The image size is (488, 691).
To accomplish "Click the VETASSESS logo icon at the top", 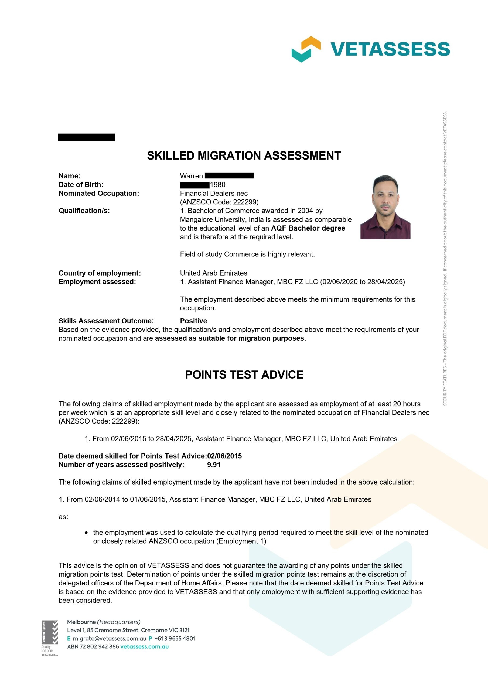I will tap(306, 49).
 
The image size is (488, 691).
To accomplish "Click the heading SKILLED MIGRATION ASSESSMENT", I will tap(244, 155).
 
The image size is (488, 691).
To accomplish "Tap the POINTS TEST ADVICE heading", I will tap(244, 375).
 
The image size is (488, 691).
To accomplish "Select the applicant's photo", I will tap(385, 207).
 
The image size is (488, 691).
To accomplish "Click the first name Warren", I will tap(191, 176).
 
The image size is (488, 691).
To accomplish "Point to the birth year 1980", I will tap(217, 185).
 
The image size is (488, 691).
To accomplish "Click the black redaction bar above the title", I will tap(86, 137).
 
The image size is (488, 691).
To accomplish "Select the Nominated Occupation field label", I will tap(99, 194).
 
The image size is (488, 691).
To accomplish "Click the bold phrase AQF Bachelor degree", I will tap(308, 228).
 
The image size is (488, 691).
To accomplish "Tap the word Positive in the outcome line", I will tap(193, 321).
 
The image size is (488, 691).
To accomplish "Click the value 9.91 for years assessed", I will tap(214, 465).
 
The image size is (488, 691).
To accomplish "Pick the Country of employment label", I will tap(100, 273).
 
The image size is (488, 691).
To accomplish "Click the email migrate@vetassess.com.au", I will tap(110, 638).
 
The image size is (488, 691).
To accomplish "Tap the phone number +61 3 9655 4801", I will tap(175, 638).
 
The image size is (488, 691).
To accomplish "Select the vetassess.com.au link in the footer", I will tap(144, 646).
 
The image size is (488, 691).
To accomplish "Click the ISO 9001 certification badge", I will tap(50, 638).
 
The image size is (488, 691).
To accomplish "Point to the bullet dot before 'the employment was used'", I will tap(86, 533).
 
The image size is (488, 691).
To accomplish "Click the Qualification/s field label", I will tap(84, 211).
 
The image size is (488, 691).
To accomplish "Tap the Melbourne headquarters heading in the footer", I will tap(104, 622).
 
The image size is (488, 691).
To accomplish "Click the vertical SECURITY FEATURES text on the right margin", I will tap(445, 259).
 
